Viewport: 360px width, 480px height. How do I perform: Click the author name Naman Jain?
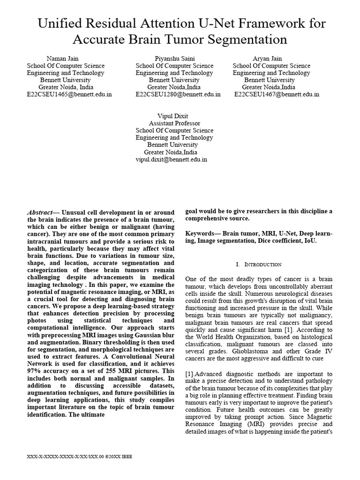65,58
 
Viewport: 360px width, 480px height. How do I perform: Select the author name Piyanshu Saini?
174,58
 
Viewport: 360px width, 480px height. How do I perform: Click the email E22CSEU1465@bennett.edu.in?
69,94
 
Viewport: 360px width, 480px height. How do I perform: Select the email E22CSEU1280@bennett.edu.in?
178,94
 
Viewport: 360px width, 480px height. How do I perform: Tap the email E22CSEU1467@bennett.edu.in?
277,94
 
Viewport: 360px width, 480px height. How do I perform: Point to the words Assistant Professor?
174,123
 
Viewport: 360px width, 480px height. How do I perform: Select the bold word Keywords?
201,233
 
